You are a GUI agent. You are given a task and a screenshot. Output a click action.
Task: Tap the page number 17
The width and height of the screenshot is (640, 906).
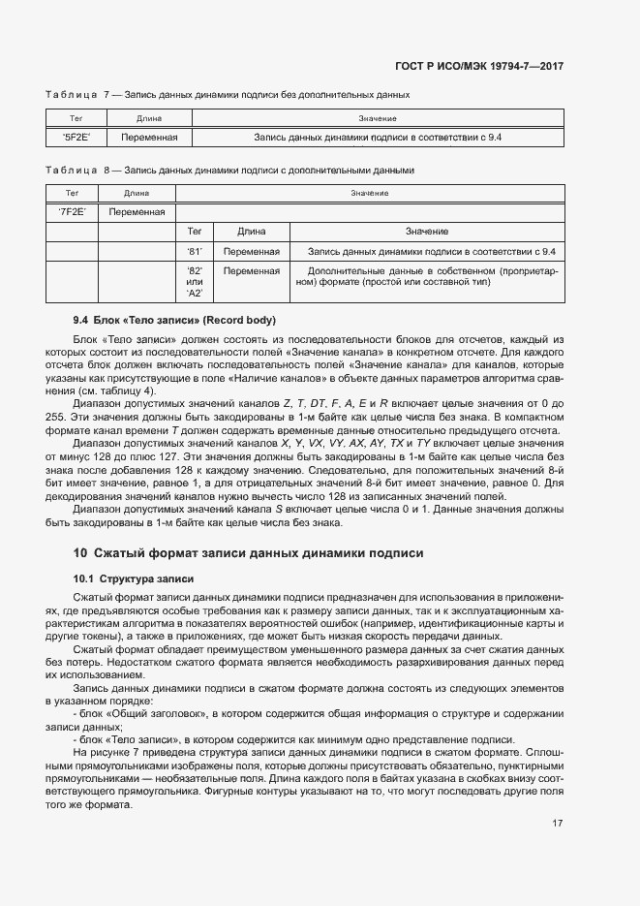tap(558, 824)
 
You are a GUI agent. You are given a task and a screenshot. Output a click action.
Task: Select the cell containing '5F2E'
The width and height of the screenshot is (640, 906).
tap(76, 138)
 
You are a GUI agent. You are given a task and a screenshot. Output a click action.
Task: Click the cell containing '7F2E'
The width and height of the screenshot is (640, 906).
tap(73, 211)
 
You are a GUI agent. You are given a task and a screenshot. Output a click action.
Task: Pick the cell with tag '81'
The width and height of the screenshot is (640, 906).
tap(194, 251)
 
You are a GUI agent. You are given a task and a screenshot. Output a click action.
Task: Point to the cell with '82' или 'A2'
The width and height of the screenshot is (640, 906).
tap(194, 281)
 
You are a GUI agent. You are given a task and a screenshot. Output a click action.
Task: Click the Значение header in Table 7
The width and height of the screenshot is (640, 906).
tap(377, 118)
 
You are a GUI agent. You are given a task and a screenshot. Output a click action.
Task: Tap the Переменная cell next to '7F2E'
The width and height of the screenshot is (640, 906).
tap(137, 211)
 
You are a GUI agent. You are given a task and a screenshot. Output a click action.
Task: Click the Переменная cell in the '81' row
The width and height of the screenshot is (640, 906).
tap(251, 251)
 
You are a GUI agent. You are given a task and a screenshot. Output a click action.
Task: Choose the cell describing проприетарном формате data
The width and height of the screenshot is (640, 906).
tap(427, 276)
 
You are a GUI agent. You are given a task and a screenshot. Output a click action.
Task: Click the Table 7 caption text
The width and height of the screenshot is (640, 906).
tap(228, 95)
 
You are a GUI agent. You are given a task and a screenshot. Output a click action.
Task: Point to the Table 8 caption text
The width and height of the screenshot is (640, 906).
tap(229, 171)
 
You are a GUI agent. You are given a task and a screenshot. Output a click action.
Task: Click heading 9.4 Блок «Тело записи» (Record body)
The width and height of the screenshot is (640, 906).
tap(174, 320)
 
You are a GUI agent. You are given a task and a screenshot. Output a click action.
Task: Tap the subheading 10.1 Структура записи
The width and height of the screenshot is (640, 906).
tap(134, 578)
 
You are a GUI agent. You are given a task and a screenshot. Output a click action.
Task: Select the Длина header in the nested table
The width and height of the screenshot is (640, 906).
tap(251, 232)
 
